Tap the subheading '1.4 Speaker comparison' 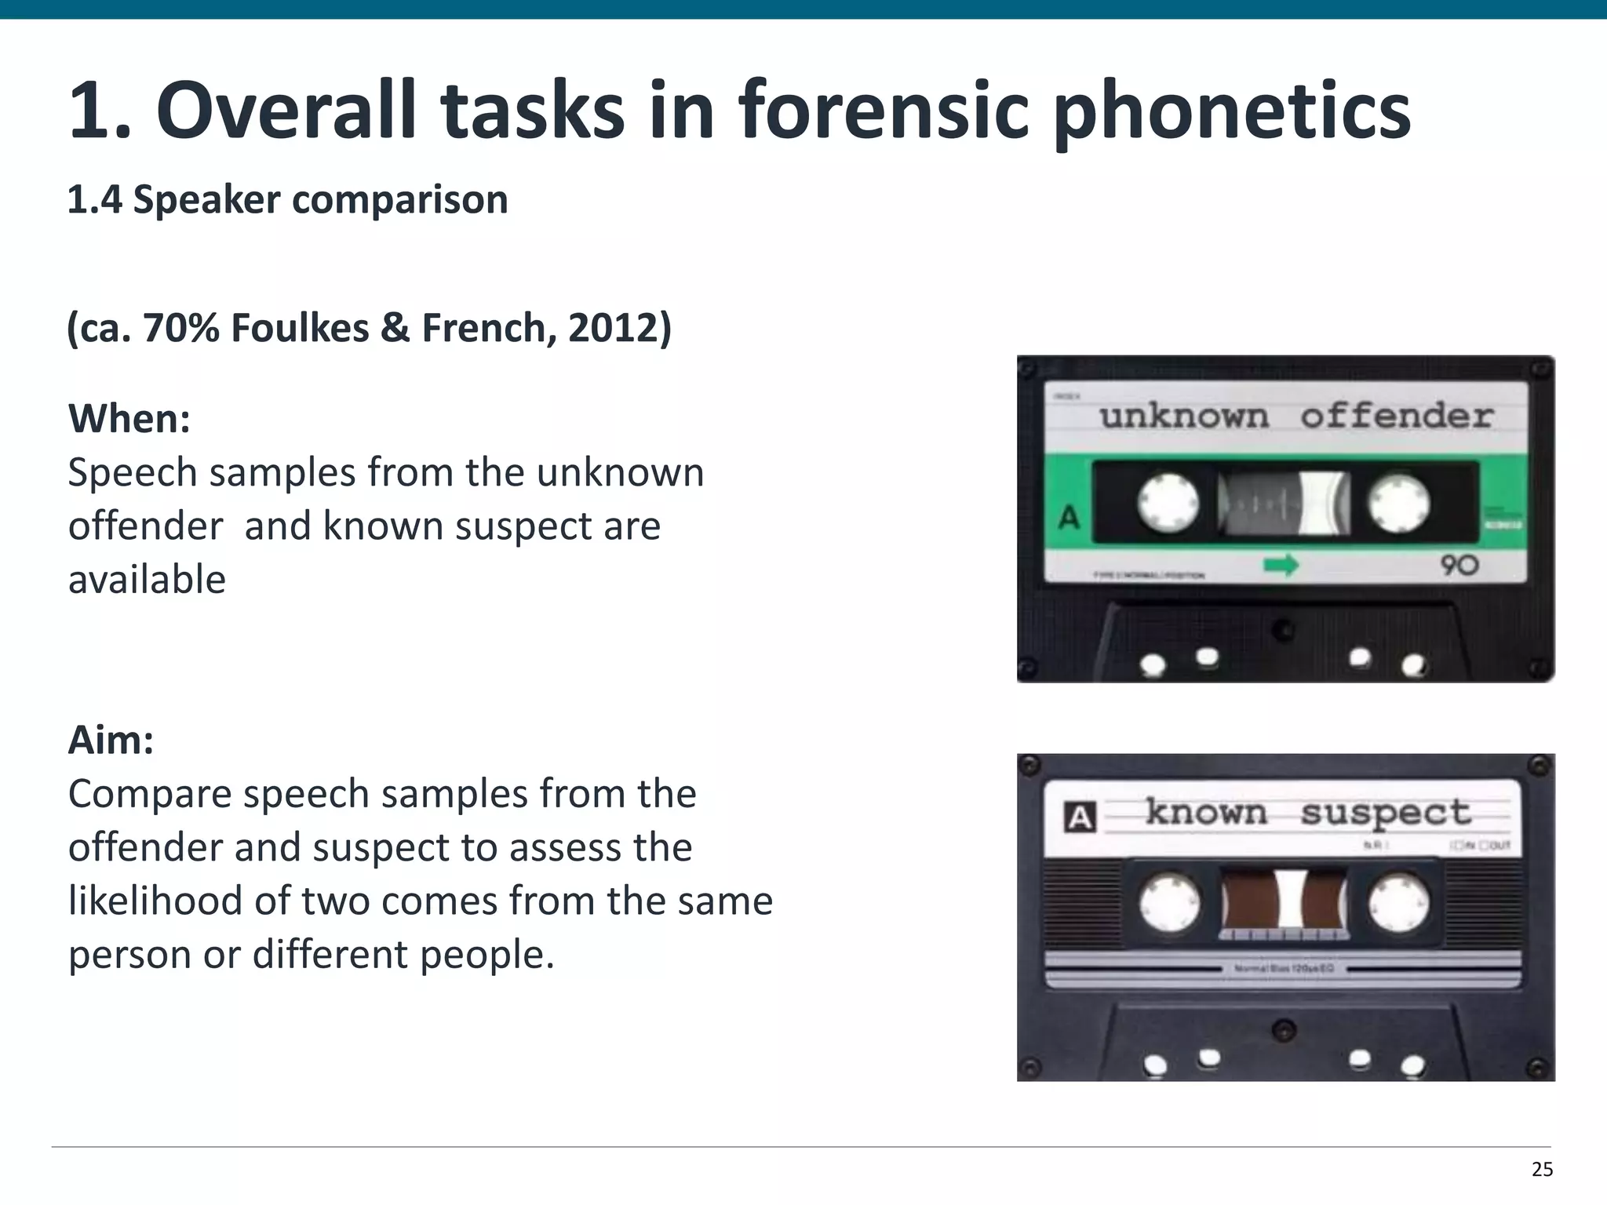coord(287,200)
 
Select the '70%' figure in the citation coord(181,328)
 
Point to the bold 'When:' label coord(129,419)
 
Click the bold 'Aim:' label coord(111,740)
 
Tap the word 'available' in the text coord(147,580)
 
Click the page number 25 coord(1542,1170)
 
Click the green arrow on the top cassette coord(1281,565)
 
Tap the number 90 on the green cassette coord(1459,565)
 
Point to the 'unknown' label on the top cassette coord(1183,417)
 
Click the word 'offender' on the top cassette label coord(1396,417)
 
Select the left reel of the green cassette coord(1168,502)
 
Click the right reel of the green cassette coord(1399,502)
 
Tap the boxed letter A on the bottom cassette coord(1080,817)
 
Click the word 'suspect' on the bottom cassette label coord(1386,813)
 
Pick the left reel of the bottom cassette coord(1169,902)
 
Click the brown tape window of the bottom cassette coord(1285,900)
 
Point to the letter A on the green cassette coord(1069,518)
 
